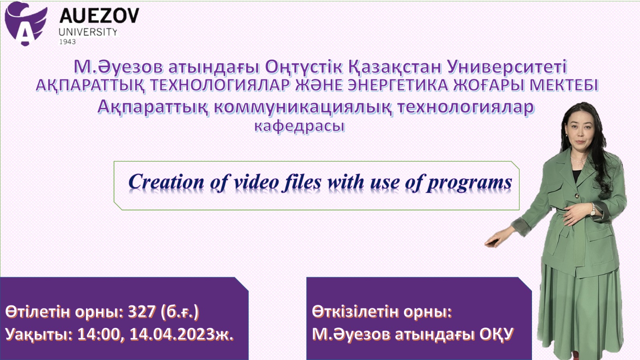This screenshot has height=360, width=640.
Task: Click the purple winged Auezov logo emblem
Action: [x=26, y=24]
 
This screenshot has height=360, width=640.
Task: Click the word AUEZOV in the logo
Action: [x=99, y=16]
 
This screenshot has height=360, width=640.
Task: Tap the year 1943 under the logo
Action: [x=68, y=42]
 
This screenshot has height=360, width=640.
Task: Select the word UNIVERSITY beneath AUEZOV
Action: [x=88, y=32]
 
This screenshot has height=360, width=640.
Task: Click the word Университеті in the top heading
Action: [x=507, y=67]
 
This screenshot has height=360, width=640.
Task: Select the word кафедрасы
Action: [x=300, y=126]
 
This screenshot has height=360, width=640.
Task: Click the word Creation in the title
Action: [x=166, y=182]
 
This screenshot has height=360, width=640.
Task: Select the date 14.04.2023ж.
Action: [x=182, y=334]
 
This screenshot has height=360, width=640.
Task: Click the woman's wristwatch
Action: [x=593, y=210]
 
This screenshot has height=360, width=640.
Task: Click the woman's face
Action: [x=580, y=132]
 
